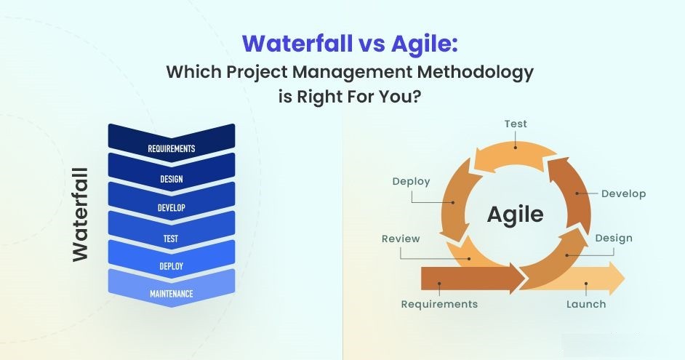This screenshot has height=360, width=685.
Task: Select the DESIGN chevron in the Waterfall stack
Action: pos(172,173)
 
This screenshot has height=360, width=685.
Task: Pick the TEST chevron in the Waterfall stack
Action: pos(172,231)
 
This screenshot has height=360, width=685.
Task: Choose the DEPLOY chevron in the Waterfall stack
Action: pos(172,260)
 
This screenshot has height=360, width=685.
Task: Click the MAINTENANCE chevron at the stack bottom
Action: pos(172,288)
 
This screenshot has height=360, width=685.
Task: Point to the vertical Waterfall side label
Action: pos(81,215)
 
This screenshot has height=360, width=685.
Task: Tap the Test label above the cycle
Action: pos(516,124)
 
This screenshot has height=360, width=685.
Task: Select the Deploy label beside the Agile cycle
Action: pos(411,182)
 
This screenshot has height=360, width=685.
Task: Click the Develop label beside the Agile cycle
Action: pos(623,193)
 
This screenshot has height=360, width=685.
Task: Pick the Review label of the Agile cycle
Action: pos(401,239)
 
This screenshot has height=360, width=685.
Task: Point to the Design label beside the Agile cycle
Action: pos(614,238)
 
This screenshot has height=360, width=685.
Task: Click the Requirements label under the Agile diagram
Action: pos(439,304)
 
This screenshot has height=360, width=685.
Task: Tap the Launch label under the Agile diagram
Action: pos(586,304)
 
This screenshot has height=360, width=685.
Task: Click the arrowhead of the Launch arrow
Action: pos(617,279)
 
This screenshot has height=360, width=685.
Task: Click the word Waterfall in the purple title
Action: pos(297,43)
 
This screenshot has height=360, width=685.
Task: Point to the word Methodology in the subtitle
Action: pos(475,72)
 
